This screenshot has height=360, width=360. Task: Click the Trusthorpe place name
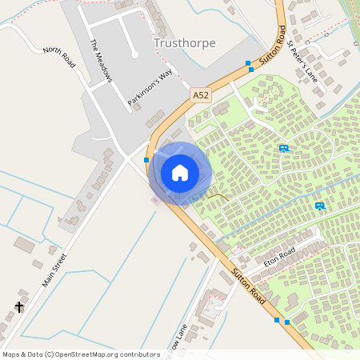pos(184,42)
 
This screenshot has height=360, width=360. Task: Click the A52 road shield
pos(201,94)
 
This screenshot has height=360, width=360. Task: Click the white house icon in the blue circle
pos(180,173)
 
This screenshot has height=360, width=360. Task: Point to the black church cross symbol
pos(19,306)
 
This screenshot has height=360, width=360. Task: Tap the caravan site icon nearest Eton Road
pos(320,206)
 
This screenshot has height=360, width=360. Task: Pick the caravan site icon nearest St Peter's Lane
pos(283,148)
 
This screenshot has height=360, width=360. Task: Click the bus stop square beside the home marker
pos(146,160)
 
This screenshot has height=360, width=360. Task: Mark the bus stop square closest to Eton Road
pos(277,320)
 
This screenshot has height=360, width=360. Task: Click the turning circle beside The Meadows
pos(134,54)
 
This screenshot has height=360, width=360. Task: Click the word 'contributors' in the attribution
pos(139,354)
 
